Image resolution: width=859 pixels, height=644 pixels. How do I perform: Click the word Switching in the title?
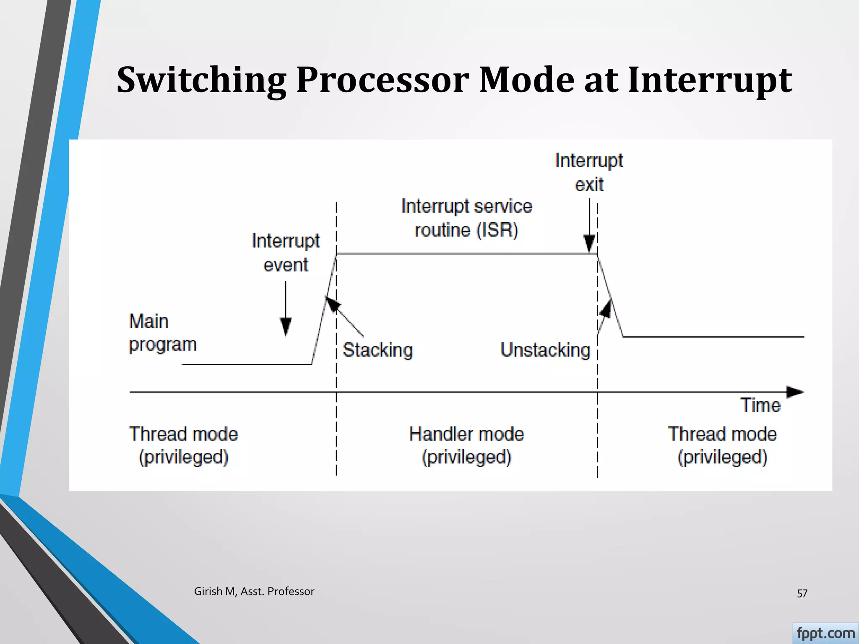pyautogui.click(x=201, y=80)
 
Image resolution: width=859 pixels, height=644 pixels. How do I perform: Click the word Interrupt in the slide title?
pyautogui.click(x=710, y=80)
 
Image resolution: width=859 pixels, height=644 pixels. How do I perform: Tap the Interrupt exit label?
pyautogui.click(x=589, y=172)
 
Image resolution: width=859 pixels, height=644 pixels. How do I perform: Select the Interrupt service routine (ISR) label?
pyautogui.click(x=466, y=218)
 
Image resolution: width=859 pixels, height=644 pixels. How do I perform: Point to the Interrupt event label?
pyautogui.click(x=286, y=253)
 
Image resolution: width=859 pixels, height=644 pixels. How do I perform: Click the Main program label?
pyautogui.click(x=162, y=333)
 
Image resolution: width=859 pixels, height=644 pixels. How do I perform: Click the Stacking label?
pyautogui.click(x=377, y=350)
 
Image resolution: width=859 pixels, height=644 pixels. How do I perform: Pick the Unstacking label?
pyautogui.click(x=545, y=350)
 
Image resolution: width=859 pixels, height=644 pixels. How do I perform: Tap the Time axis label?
pyautogui.click(x=760, y=405)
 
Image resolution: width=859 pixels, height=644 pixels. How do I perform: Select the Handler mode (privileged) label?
pyautogui.click(x=466, y=445)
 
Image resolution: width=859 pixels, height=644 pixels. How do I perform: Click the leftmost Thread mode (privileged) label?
pyautogui.click(x=183, y=445)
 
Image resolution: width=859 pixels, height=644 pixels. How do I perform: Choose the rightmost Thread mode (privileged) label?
pyautogui.click(x=722, y=445)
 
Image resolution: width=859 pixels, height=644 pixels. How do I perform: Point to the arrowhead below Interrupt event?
pyautogui.click(x=286, y=326)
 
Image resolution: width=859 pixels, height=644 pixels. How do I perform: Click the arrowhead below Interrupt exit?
pyautogui.click(x=589, y=243)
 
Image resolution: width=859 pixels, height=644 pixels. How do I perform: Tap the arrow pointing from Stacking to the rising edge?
pyautogui.click(x=333, y=304)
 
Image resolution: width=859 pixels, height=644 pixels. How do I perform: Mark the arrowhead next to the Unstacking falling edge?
pyautogui.click(x=606, y=309)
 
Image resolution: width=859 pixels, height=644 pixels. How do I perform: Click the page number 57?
pyautogui.click(x=802, y=593)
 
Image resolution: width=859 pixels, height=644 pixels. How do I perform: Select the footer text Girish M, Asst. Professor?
pyautogui.click(x=254, y=591)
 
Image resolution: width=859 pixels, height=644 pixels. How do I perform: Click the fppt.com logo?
pyautogui.click(x=825, y=633)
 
